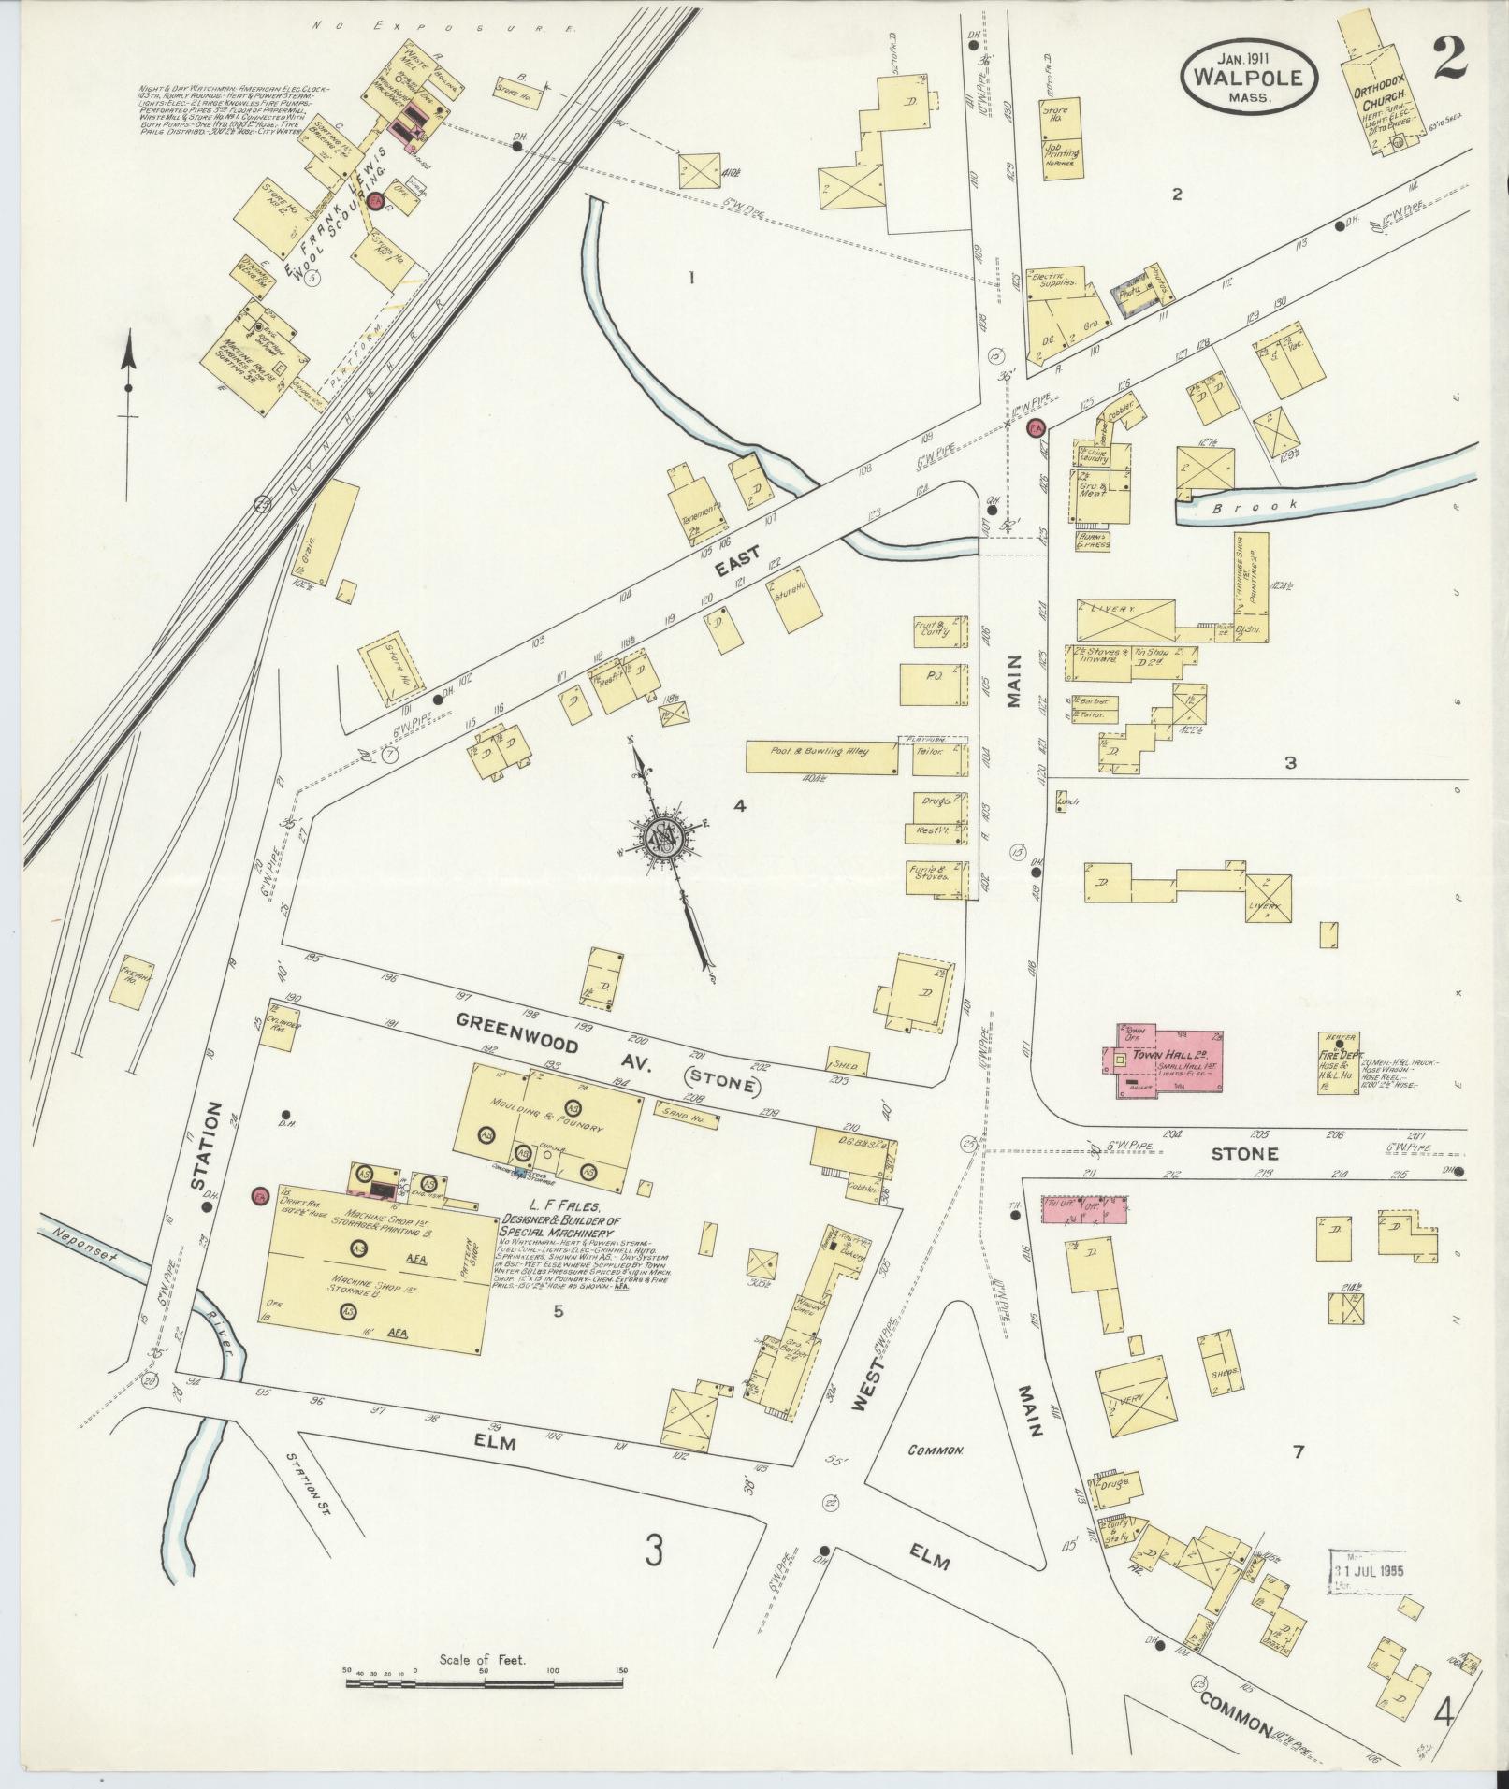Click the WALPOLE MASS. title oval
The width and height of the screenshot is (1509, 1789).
tap(1248, 79)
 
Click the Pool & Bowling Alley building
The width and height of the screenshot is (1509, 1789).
tap(820, 756)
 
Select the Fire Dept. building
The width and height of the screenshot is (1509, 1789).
tap(1340, 1061)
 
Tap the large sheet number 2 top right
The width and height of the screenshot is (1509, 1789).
tap(1446, 59)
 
